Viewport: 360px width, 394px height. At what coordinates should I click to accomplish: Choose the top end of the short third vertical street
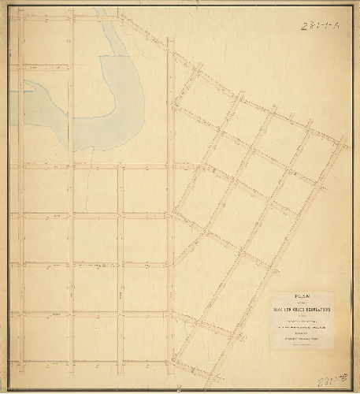click(121, 166)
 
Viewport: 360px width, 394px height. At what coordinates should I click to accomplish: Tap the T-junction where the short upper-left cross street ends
click(72, 65)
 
